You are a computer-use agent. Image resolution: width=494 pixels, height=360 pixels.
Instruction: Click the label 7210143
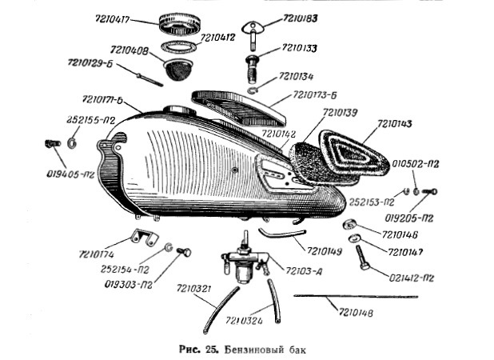pyautogui.click(x=391, y=124)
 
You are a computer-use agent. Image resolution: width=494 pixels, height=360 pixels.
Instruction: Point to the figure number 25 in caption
pyautogui.click(x=209, y=349)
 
